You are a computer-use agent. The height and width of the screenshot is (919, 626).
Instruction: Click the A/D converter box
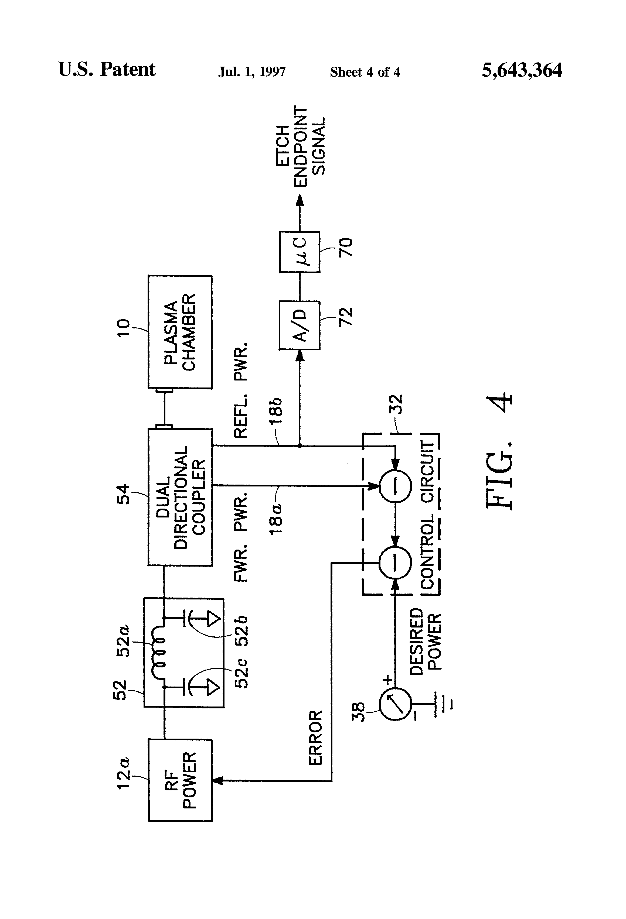tap(300, 325)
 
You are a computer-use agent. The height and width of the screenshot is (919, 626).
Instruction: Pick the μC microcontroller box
tap(300, 252)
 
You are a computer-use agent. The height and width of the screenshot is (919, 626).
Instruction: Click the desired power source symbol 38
tap(395, 704)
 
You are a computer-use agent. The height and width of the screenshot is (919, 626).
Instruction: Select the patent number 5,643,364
tap(522, 70)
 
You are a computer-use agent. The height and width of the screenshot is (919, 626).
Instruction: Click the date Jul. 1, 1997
tap(252, 71)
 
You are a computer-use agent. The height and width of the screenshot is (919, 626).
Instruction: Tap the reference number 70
tap(345, 247)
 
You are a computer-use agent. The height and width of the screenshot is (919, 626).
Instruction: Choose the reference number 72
tap(345, 316)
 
